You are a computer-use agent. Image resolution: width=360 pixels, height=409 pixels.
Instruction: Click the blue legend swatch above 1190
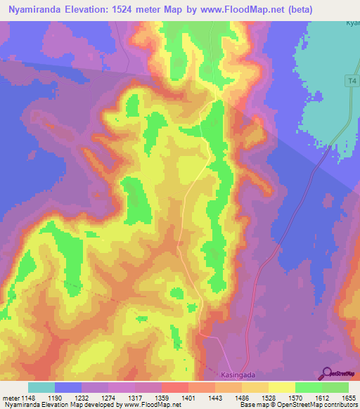pos(68,387)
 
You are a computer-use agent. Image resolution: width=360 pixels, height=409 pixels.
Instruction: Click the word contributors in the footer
pos(341,405)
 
